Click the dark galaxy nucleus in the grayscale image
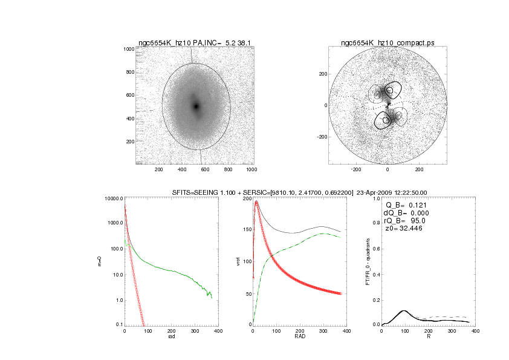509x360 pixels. [x=196, y=106]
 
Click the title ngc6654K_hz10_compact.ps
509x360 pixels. [x=387, y=42]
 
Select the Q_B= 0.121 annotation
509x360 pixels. [x=404, y=205]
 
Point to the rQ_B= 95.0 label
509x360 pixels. [x=403, y=222]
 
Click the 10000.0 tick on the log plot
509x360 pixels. [x=114, y=198]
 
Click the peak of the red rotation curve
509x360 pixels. [x=256, y=201]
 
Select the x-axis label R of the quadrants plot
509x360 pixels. [x=428, y=337]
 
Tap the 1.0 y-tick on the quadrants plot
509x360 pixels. [x=375, y=198]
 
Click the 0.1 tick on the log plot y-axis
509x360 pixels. [x=118, y=325]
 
